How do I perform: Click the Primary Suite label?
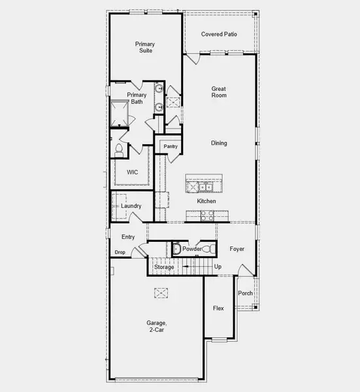click(145, 47)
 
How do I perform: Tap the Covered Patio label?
click(219, 34)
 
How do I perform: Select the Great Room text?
click(219, 91)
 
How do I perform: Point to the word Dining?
click(219, 143)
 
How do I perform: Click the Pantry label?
click(171, 147)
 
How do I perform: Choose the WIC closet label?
click(133, 172)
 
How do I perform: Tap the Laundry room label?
click(131, 206)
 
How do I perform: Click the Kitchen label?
click(206, 201)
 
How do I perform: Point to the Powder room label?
click(191, 249)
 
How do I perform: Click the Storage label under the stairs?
click(164, 267)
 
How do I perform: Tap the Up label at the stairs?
click(218, 267)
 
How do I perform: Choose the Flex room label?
click(219, 308)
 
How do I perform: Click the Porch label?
click(245, 293)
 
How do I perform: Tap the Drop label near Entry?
click(120, 252)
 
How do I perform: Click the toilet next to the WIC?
click(119, 150)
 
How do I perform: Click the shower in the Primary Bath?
click(120, 112)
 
